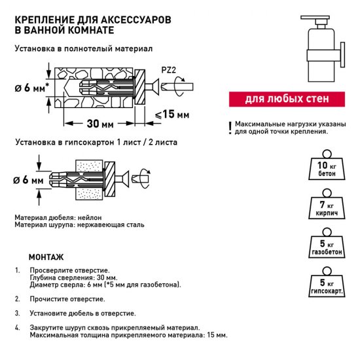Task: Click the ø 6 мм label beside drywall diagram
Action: pyautogui.click(x=27, y=179)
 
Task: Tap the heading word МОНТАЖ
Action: pyautogui.click(x=46, y=257)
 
